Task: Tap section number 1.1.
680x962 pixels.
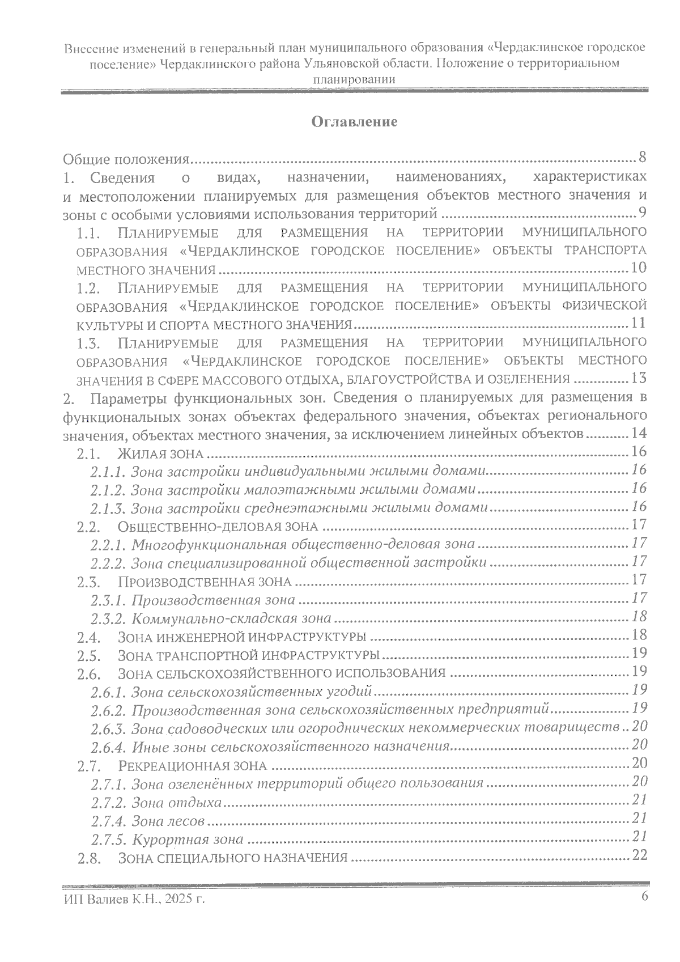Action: pyautogui.click(x=89, y=232)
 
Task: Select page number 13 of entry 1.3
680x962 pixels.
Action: pyautogui.click(x=638, y=378)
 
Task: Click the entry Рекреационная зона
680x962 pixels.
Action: pyautogui.click(x=193, y=766)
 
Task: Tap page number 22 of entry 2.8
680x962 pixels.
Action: pyautogui.click(x=639, y=855)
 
